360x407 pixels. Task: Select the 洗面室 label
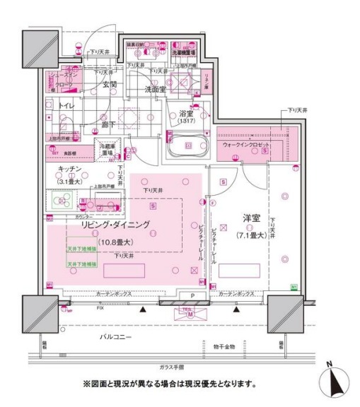point(156,90)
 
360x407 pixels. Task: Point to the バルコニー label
point(116,338)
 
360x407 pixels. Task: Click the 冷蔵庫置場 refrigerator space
point(110,149)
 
